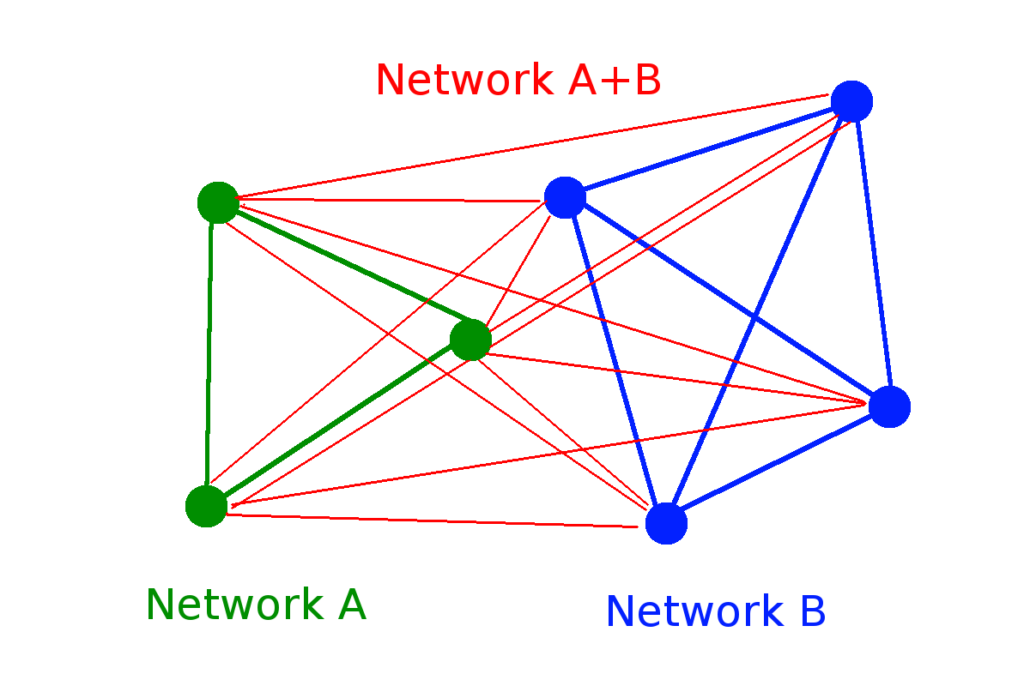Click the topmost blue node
(851, 101)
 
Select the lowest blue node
(666, 523)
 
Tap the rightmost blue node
(889, 406)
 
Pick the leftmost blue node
(565, 197)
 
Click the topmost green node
(218, 203)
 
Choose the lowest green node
(206, 506)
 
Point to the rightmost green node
(470, 340)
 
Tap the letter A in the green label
(352, 605)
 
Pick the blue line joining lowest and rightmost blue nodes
(777, 465)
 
